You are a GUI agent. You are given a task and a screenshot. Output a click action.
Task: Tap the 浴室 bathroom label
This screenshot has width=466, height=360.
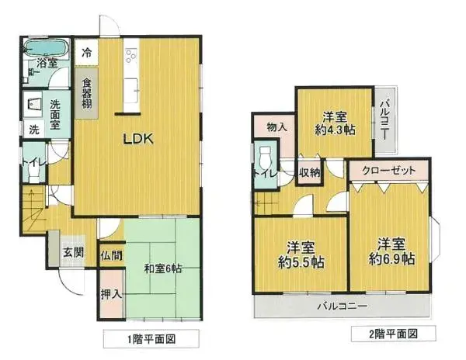48,64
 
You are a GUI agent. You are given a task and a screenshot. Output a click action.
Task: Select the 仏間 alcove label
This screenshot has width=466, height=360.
110,254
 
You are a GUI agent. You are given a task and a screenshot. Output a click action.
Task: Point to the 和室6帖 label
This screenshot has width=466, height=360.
163,269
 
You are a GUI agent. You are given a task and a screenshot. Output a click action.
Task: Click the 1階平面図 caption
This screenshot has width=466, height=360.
151,339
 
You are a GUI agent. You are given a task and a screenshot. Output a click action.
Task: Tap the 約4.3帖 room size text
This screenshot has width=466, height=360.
334,130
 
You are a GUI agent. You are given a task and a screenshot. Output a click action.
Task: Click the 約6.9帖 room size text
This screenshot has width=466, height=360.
391,258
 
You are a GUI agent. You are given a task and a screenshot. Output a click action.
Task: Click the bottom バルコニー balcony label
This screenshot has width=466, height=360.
342,306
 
